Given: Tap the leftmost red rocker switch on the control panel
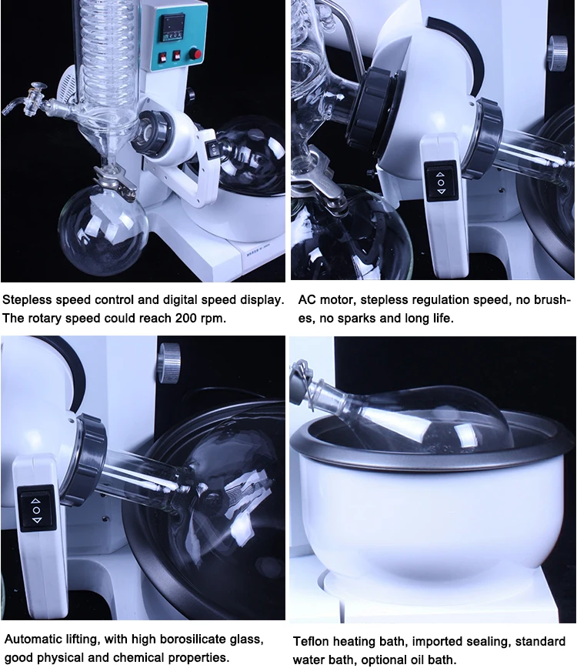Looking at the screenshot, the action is tap(162, 58).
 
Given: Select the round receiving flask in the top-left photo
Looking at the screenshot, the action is tap(104, 229).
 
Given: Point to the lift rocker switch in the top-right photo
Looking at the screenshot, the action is tap(440, 182).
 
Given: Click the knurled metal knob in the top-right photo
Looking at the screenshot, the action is tap(558, 52).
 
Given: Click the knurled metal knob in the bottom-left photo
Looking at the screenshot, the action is tap(168, 362).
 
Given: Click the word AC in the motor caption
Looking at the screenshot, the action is tap(307, 300).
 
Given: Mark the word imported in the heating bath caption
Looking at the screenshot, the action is tap(438, 642).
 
